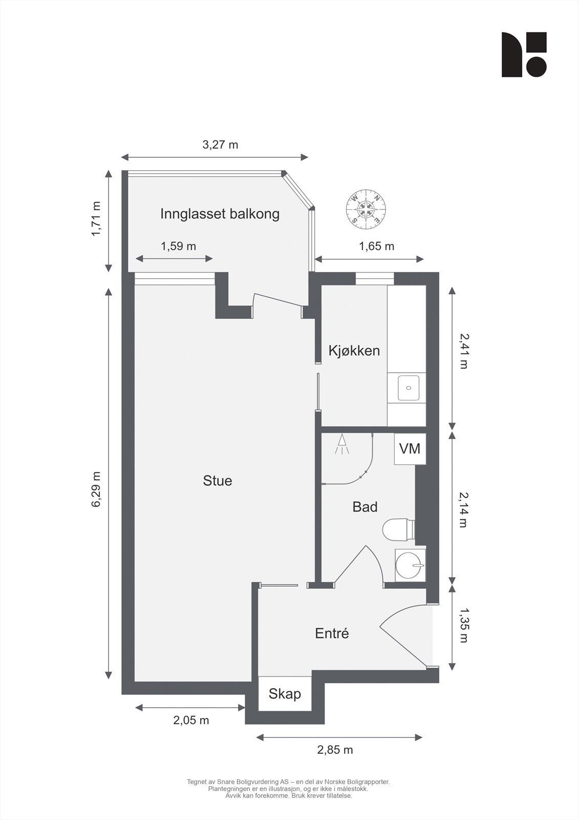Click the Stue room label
(x=218, y=481)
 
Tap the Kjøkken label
(x=354, y=351)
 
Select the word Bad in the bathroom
(x=365, y=507)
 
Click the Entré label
(x=332, y=633)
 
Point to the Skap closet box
(x=285, y=694)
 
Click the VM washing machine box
(x=410, y=449)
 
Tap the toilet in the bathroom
(x=398, y=530)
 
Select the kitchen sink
(x=408, y=388)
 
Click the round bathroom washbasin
(x=410, y=566)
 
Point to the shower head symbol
(x=341, y=444)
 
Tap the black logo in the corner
(x=524, y=55)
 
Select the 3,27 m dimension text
(x=220, y=145)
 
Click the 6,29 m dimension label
(x=96, y=489)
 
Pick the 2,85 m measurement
(x=335, y=750)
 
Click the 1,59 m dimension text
(x=178, y=246)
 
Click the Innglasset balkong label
(x=220, y=214)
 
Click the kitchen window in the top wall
(x=375, y=278)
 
